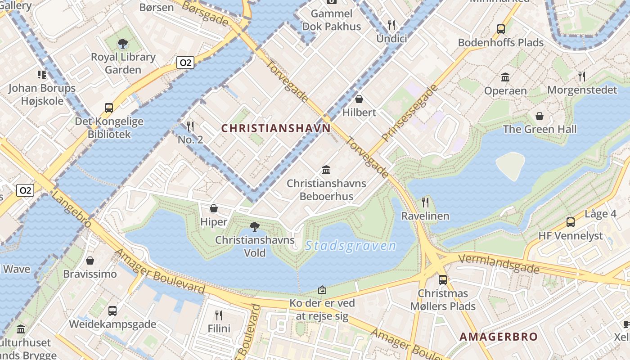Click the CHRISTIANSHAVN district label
tap(276, 128)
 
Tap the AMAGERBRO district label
tap(499, 337)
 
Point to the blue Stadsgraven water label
tap(351, 246)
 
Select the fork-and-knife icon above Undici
tap(391, 25)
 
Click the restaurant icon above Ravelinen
tap(425, 202)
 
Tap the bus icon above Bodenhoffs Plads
tap(500, 29)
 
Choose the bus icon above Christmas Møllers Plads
tap(443, 280)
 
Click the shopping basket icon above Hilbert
tap(359, 99)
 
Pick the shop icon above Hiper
tap(214, 208)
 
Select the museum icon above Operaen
tap(505, 77)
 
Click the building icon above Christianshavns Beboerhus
tap(326, 170)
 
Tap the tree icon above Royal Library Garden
tap(122, 44)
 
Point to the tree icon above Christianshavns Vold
tap(255, 226)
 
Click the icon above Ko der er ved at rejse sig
tap(322, 289)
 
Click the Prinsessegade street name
tap(409, 112)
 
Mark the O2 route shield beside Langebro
tap(25, 190)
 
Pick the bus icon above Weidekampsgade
tap(112, 310)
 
